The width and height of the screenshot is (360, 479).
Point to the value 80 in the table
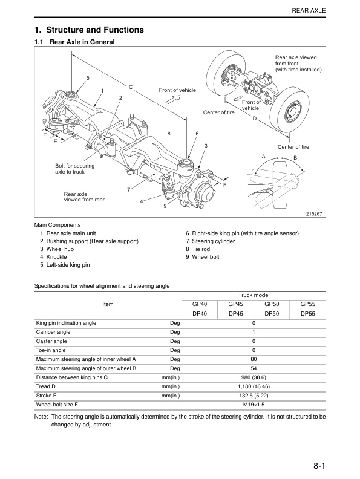click(x=254, y=359)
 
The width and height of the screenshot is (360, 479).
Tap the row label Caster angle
click(x=51, y=341)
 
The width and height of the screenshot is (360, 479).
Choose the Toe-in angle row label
click(x=51, y=350)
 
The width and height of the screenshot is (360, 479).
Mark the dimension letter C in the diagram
click(x=130, y=86)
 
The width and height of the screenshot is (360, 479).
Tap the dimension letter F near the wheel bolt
click(x=224, y=184)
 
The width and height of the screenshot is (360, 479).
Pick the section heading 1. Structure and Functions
click(x=89, y=30)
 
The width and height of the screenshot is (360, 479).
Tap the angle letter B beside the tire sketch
click(x=295, y=158)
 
